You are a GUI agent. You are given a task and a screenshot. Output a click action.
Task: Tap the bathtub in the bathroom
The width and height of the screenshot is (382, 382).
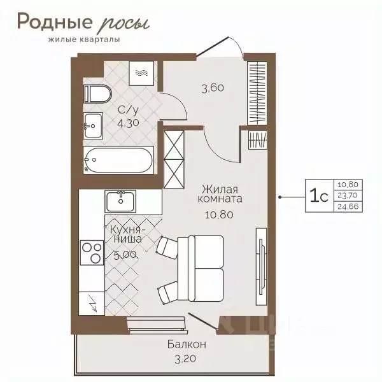[x=119, y=160]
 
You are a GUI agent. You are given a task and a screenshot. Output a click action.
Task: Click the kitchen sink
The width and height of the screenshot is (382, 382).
[x=120, y=200]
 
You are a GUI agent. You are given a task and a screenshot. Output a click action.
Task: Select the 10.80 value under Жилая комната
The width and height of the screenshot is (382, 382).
[x=218, y=214]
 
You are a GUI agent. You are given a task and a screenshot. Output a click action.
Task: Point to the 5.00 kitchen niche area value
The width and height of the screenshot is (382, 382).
[x=124, y=255]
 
